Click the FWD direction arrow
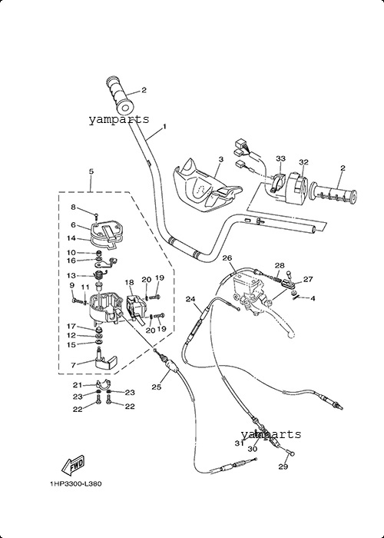[x=73, y=465]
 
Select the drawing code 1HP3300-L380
[x=76, y=483]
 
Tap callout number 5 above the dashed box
[x=91, y=171]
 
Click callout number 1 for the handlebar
[x=164, y=127]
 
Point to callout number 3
[x=221, y=159]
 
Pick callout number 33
[x=280, y=158]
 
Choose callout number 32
[x=303, y=162]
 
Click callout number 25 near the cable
[x=157, y=387]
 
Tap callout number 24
[x=190, y=299]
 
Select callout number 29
[x=283, y=467]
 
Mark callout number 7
[x=74, y=366]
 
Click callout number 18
[x=129, y=282]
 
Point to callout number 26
[x=227, y=257]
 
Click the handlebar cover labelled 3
[x=204, y=188]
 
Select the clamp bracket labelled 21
[x=102, y=384]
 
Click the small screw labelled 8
[x=96, y=216]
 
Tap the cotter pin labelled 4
[x=297, y=298]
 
